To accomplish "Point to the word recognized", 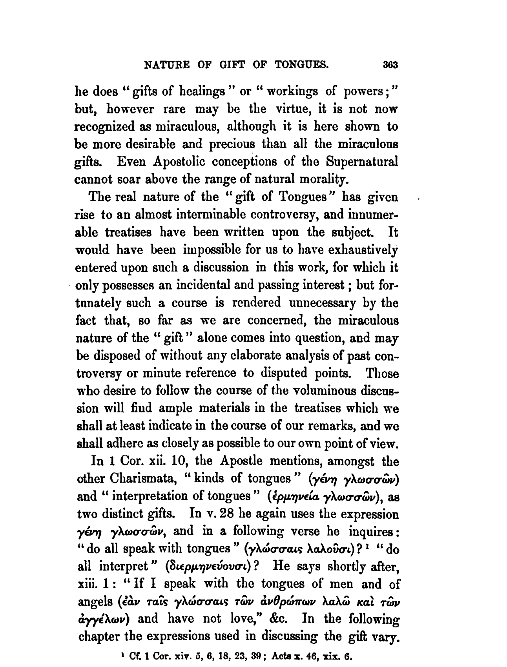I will (103, 127).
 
